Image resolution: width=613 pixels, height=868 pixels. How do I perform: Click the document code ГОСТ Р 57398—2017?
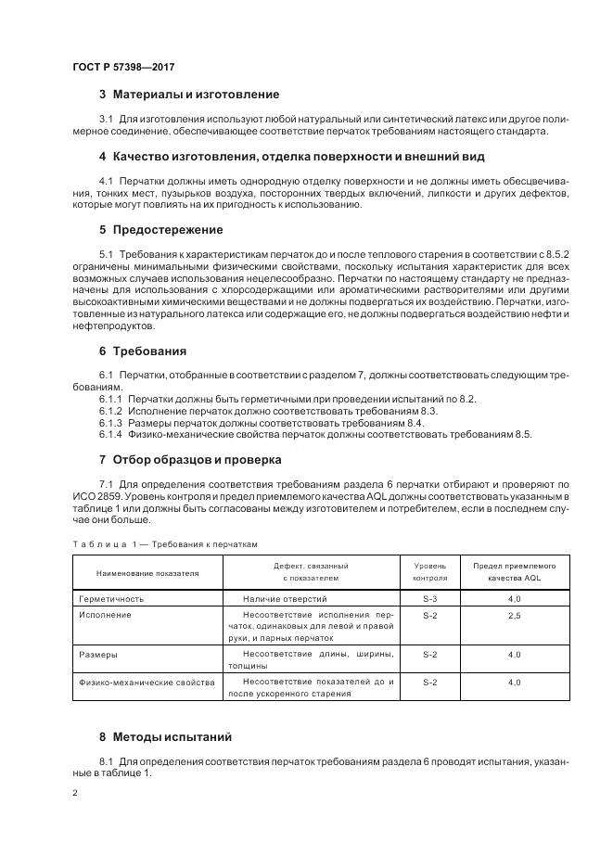click(x=122, y=68)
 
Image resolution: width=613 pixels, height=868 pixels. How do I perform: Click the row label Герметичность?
click(x=110, y=599)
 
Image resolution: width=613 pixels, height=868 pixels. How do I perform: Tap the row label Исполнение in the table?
click(x=105, y=615)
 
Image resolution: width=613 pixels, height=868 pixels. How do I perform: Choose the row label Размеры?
click(x=98, y=654)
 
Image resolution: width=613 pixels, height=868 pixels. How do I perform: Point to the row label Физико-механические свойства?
click(x=147, y=682)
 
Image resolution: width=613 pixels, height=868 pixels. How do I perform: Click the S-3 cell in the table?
click(x=429, y=599)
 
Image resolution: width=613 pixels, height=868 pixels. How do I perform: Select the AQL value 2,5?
click(x=514, y=615)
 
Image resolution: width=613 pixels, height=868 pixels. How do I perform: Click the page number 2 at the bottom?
click(x=75, y=793)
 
